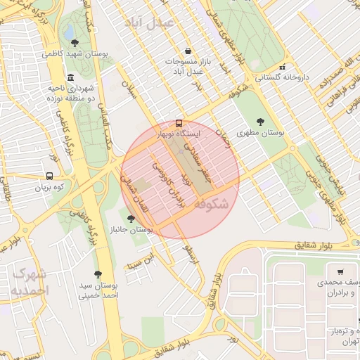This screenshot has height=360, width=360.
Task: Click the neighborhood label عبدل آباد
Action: (153, 23)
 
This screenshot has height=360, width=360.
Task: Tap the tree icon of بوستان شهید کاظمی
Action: (75, 42)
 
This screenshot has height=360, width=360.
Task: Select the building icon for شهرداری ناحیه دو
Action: (70, 77)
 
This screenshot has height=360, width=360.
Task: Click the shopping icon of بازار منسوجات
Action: (188, 51)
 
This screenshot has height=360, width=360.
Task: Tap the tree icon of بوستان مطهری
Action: (261, 121)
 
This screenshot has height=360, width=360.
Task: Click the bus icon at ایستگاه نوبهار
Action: (179, 122)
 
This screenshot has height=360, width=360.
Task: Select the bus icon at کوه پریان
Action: (49, 176)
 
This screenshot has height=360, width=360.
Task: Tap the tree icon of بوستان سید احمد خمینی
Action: (98, 274)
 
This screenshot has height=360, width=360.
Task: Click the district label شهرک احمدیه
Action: (30, 281)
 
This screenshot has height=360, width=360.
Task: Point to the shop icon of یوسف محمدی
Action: (340, 271)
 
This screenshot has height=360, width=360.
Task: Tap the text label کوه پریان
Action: (51, 188)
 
